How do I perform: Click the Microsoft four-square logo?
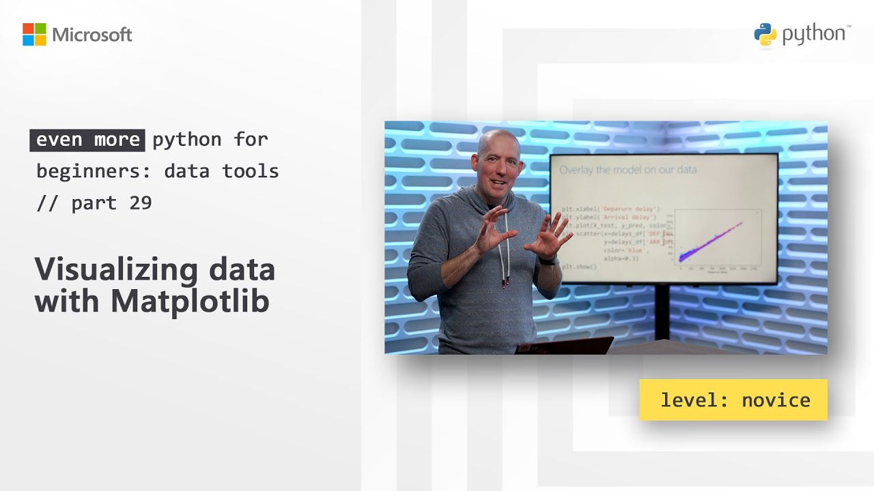(x=34, y=35)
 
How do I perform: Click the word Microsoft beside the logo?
(x=92, y=35)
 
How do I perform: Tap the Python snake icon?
(x=765, y=34)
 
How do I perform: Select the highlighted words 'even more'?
(x=87, y=140)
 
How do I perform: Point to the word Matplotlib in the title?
(x=190, y=301)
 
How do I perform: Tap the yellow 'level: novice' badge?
(x=733, y=400)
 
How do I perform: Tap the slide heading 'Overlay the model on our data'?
(x=628, y=170)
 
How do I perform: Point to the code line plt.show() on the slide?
(x=579, y=266)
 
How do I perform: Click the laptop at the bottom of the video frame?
(x=567, y=346)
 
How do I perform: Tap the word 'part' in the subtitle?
(x=94, y=203)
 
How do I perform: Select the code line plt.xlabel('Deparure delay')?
(x=610, y=209)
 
